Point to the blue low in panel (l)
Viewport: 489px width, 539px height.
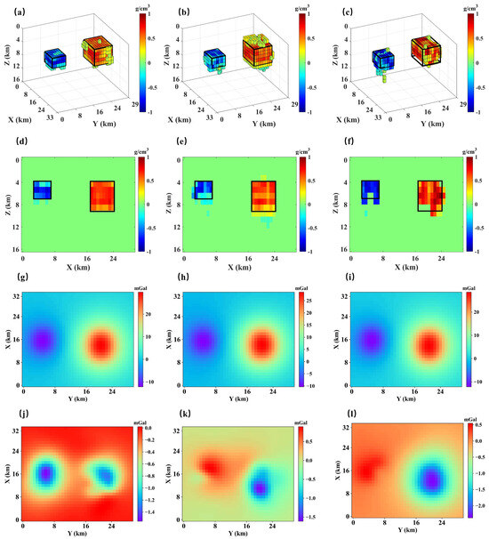(432, 480)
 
